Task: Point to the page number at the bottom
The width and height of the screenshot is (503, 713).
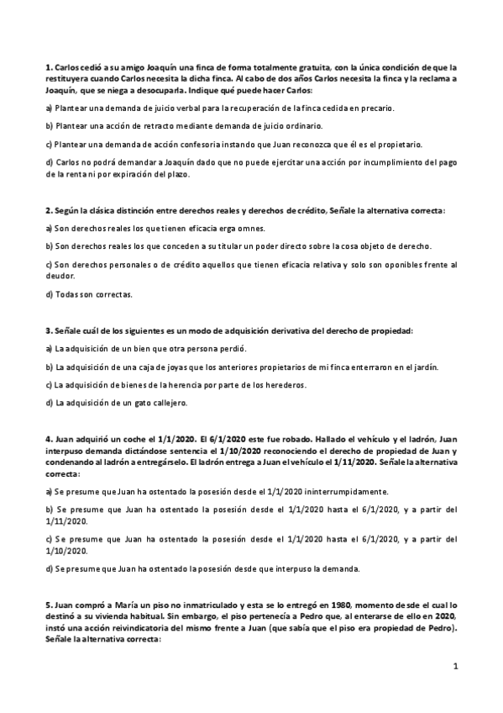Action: (454, 668)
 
